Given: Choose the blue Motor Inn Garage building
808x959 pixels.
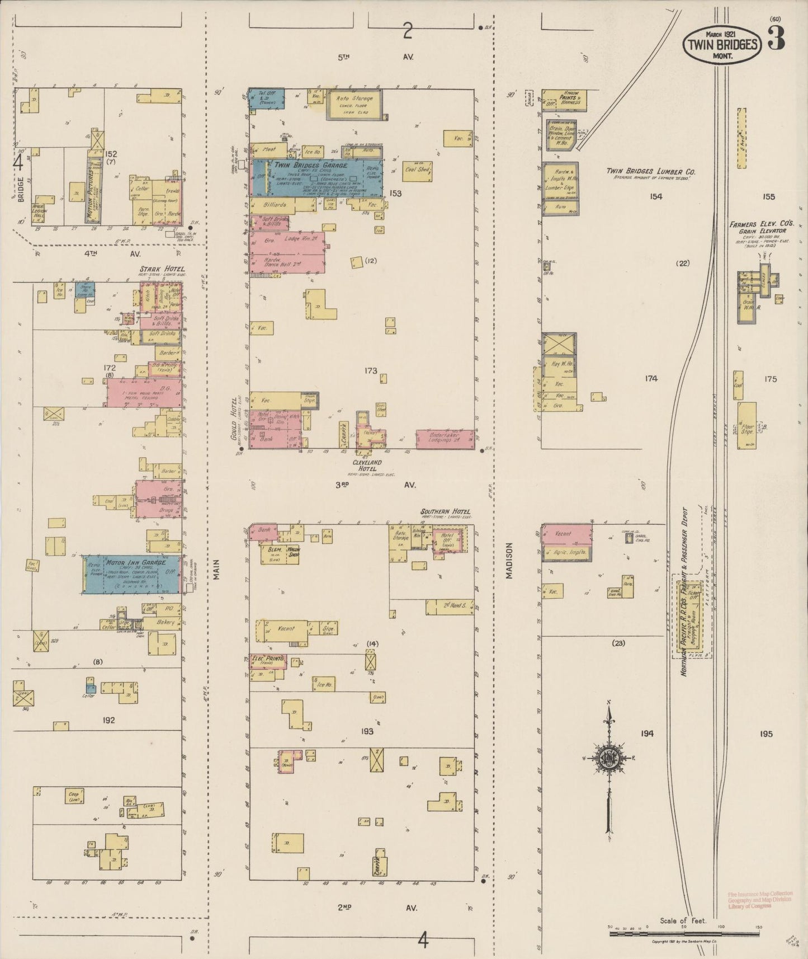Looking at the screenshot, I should click(132, 574).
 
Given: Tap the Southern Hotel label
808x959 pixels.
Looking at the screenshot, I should click(446, 511).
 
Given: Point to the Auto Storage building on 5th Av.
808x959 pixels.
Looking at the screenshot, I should click(355, 104).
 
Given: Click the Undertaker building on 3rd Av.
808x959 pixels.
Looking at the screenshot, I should click(445, 438).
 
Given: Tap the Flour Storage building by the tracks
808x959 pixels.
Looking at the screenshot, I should click(746, 427).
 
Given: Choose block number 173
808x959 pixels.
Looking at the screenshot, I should click(370, 370).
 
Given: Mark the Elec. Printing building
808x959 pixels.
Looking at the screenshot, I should click(268, 661).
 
